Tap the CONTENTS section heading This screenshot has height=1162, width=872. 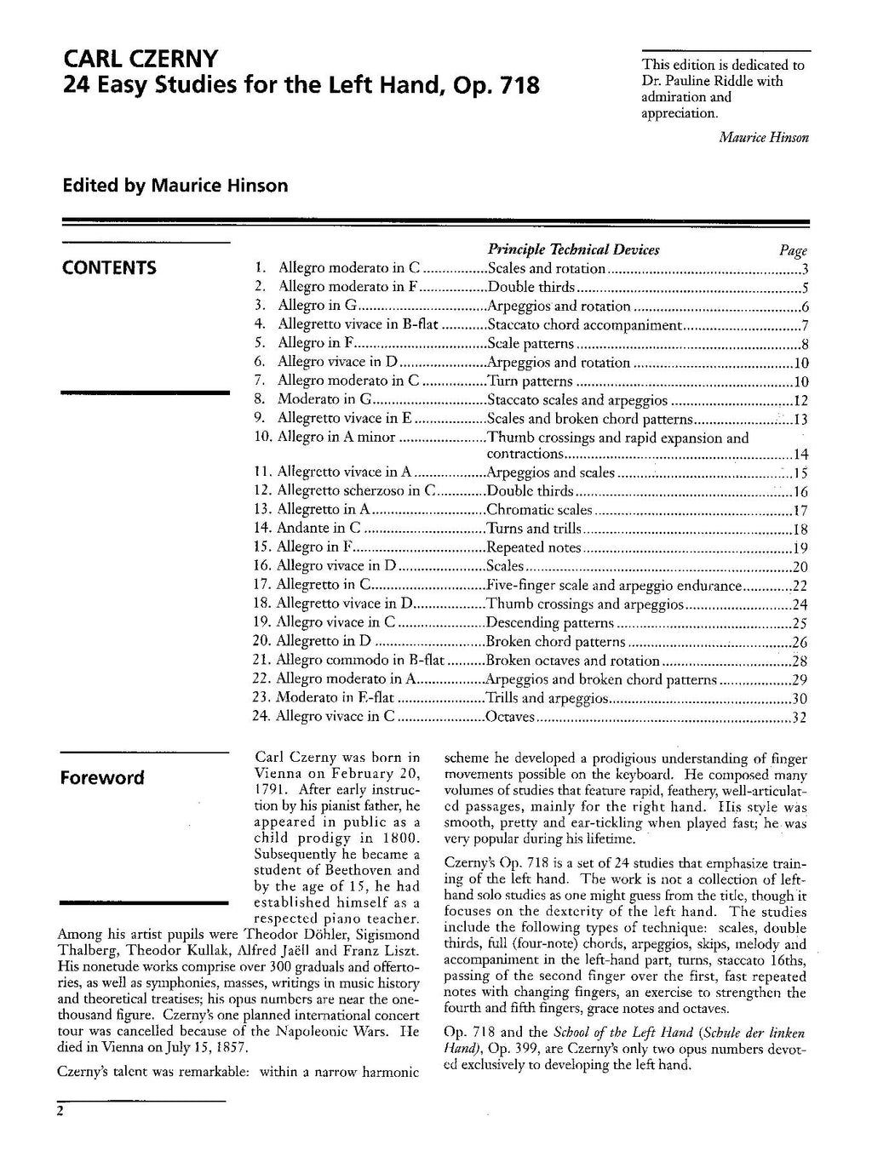(109, 268)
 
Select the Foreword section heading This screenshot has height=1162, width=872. (102, 777)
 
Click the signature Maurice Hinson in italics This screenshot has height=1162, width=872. (763, 137)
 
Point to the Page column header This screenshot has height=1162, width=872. (793, 250)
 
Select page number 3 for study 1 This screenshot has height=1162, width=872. (805, 269)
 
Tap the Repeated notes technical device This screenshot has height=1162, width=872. (533, 547)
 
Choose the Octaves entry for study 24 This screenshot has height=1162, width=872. (509, 717)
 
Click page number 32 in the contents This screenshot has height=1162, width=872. (799, 717)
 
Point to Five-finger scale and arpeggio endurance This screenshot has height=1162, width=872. (614, 585)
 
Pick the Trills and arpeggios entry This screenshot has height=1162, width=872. (547, 698)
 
